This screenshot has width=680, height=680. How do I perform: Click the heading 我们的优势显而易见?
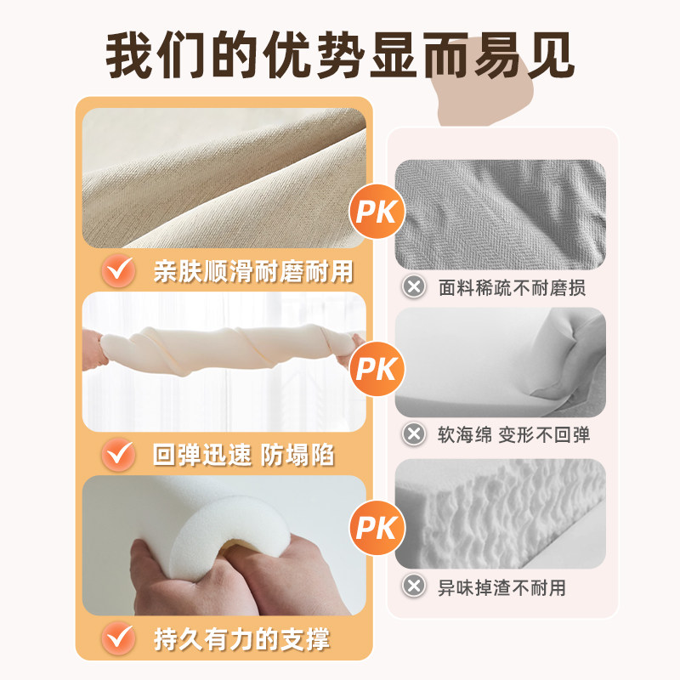click(340, 55)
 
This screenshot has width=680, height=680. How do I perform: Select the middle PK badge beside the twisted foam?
click(377, 370)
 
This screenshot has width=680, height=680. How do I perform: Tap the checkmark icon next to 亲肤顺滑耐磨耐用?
click(118, 271)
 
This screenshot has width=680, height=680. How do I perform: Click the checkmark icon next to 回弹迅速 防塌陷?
click(118, 455)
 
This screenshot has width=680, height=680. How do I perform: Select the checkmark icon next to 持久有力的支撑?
click(118, 637)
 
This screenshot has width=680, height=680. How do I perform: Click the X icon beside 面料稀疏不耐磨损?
click(414, 287)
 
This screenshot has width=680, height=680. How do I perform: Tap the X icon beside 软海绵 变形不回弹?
click(414, 435)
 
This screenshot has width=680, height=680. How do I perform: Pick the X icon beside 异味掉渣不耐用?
click(414, 586)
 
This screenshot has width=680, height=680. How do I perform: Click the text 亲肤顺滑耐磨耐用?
click(252, 271)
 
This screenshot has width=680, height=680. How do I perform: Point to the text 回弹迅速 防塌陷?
click(243, 455)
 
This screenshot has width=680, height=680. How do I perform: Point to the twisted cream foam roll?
click(225, 353)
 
